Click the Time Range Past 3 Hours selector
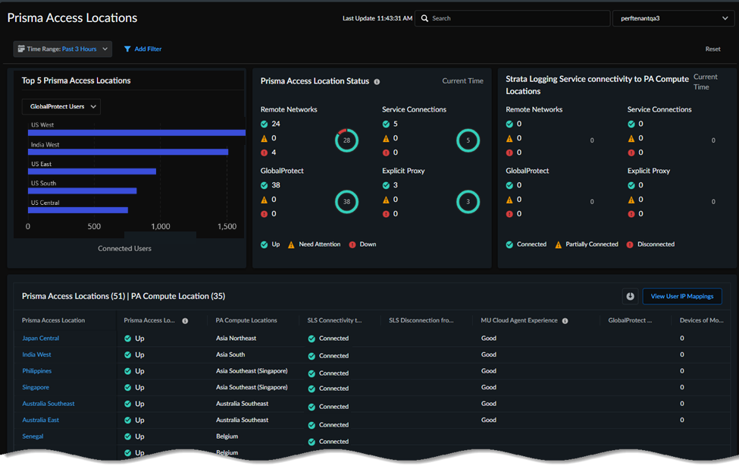click(62, 49)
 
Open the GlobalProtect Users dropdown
click(61, 107)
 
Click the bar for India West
click(127, 152)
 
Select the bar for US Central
click(77, 210)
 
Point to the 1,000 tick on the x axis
click(161, 226)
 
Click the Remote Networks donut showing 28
click(346, 140)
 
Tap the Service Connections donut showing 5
click(468, 140)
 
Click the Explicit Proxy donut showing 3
click(468, 202)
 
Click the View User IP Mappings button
click(682, 296)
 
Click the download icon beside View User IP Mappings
click(629, 296)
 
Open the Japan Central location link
click(40, 338)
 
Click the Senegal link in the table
click(33, 436)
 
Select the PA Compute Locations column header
click(246, 320)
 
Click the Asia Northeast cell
click(236, 338)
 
